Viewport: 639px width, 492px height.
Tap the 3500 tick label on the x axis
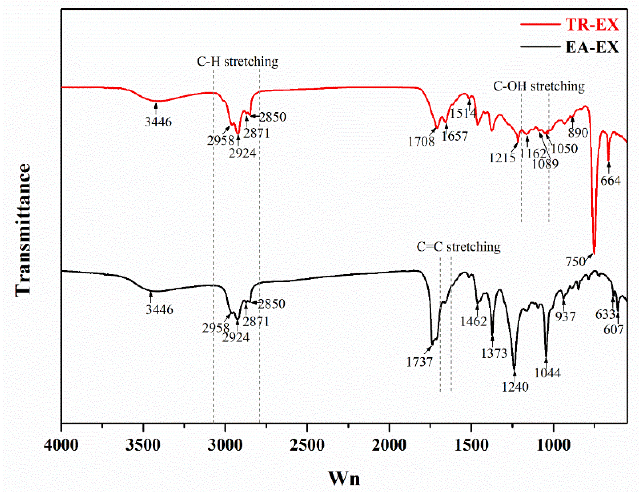pos(143,445)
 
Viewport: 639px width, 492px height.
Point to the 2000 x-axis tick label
pos(389,445)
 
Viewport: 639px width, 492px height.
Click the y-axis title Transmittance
pos(23,230)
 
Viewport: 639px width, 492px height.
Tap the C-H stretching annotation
pos(237,61)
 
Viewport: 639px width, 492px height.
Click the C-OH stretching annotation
pos(539,86)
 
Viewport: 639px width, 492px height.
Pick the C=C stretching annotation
pos(458,247)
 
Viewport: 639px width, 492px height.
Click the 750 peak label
pos(575,261)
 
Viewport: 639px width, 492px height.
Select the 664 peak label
pos(610,181)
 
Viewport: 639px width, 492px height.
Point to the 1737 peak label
pos(419,362)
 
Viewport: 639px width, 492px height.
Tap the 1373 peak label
pos(494,354)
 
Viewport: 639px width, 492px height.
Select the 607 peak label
pos(614,330)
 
